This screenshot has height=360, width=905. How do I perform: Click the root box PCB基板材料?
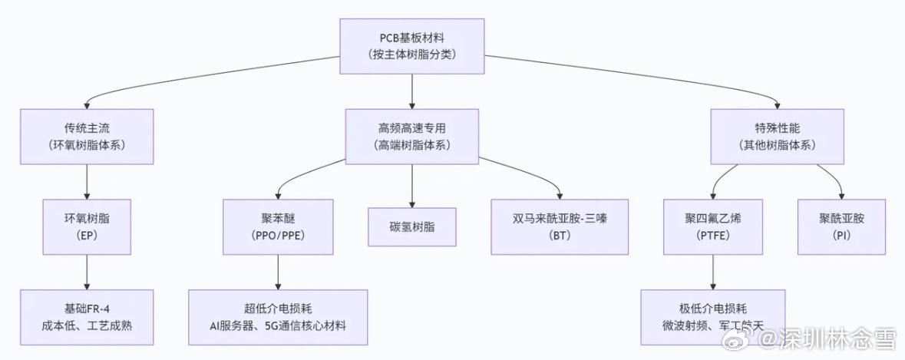tap(412, 46)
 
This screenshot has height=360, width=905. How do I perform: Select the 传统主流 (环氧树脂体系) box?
tap(87, 136)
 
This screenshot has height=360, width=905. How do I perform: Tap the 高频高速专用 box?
tap(412, 136)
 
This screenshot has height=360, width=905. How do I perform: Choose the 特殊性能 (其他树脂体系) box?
tap(777, 136)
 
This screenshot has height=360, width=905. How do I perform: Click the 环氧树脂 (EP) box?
tap(87, 226)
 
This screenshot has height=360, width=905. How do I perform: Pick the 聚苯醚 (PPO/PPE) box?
tap(278, 226)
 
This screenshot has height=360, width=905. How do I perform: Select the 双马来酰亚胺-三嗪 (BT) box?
tap(560, 226)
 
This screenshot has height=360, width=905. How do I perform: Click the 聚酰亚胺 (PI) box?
tap(841, 226)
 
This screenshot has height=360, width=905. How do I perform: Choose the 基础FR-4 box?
tap(87, 317)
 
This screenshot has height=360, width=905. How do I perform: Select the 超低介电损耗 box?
tap(278, 317)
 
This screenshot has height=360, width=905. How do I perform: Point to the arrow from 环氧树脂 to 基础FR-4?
tap(87, 272)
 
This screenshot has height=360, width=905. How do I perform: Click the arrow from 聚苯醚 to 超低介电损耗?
tap(278, 272)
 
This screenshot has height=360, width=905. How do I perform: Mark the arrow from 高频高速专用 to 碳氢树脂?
tap(412, 185)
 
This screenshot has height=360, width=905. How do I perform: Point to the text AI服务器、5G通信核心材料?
tap(278, 325)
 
